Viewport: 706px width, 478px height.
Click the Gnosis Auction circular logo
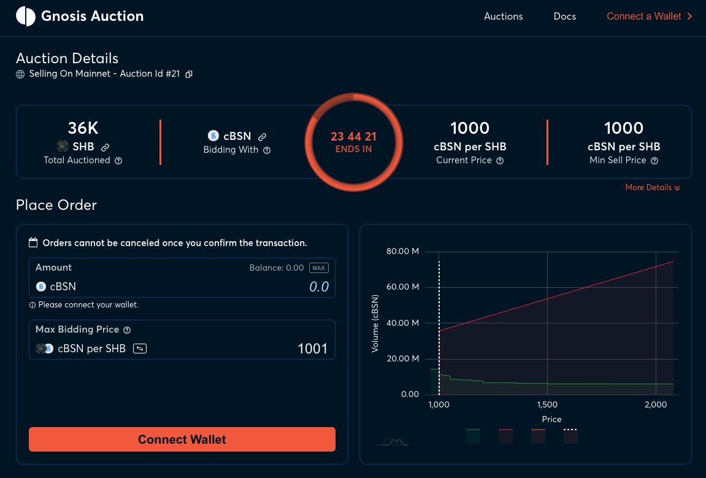(x=26, y=17)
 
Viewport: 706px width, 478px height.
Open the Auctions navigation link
(x=503, y=17)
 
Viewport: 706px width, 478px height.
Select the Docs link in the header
(x=564, y=17)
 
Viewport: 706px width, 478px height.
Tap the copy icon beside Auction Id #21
(x=189, y=74)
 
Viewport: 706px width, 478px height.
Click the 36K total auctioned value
(x=83, y=128)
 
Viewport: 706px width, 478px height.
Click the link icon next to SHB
(x=105, y=147)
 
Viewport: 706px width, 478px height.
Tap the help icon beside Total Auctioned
(x=118, y=161)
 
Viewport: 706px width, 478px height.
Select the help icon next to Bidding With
(x=267, y=150)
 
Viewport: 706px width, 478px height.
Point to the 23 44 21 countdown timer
(x=353, y=136)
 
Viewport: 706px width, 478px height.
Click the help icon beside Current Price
(x=500, y=161)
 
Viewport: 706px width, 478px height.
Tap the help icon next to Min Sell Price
(x=654, y=161)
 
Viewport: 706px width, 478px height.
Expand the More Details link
(x=652, y=188)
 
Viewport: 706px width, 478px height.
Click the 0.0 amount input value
(x=318, y=287)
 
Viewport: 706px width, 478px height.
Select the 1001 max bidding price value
(x=312, y=349)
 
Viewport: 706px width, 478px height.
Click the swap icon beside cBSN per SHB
(x=140, y=349)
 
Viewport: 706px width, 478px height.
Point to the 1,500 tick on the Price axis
(x=547, y=405)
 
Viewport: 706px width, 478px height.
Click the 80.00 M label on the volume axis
(x=402, y=251)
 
